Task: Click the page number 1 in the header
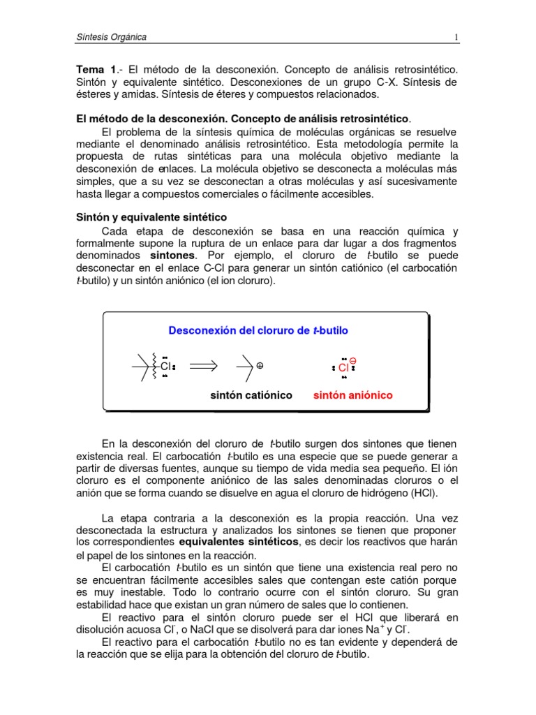pyautogui.click(x=455, y=37)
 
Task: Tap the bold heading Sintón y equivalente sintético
pyautogui.click(x=151, y=217)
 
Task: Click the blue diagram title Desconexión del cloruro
pyautogui.click(x=258, y=330)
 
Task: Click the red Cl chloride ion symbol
pyautogui.click(x=343, y=367)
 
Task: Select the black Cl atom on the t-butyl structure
pyautogui.click(x=165, y=365)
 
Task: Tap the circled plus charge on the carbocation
pyautogui.click(x=260, y=365)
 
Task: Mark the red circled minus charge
pyautogui.click(x=352, y=360)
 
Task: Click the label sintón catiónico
pyautogui.click(x=251, y=395)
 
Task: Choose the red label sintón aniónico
pyautogui.click(x=352, y=395)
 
